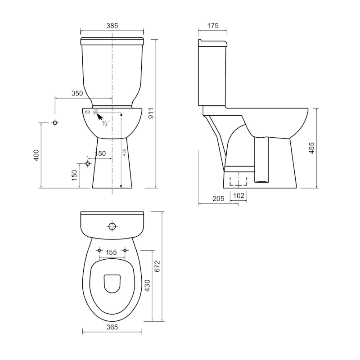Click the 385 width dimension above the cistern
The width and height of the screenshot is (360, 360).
pos(112,26)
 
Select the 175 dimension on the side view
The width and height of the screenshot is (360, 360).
pos(213,26)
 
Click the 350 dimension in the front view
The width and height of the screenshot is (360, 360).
pos(77,93)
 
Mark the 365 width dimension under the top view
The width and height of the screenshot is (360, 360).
pos(112,327)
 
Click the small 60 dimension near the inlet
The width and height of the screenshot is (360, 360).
pos(87,111)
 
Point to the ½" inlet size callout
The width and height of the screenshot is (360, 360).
pos(105,123)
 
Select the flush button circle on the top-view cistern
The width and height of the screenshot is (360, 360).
pos(112,226)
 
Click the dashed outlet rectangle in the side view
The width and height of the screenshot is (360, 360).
pos(238,181)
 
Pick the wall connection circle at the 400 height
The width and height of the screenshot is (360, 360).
pos(55,122)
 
